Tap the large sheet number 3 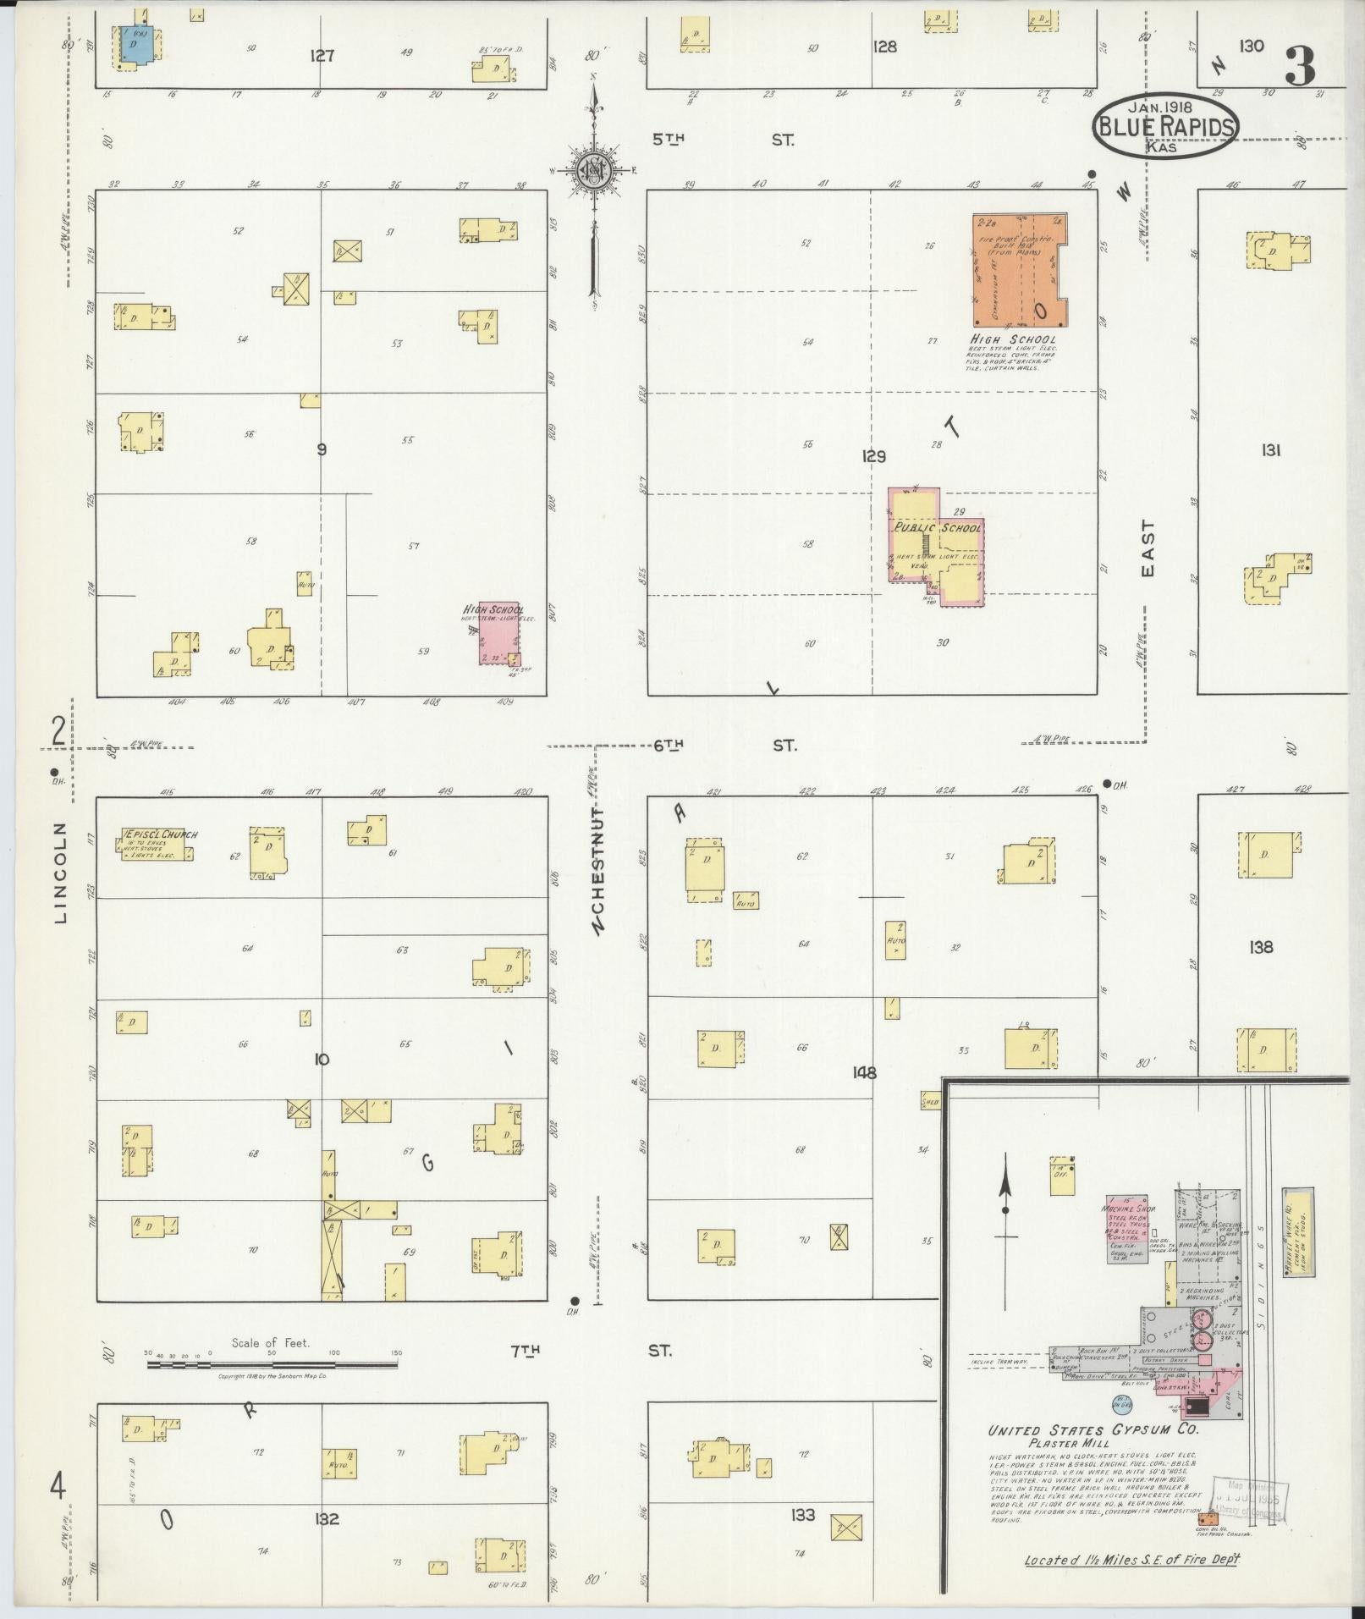pyautogui.click(x=1300, y=66)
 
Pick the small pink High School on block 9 pyautogui.click(x=498, y=634)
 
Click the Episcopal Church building pyautogui.click(x=157, y=844)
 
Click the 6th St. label pyautogui.click(x=724, y=745)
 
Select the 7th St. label pyautogui.click(x=592, y=1351)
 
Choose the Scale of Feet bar pyautogui.click(x=271, y=1364)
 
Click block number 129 pyautogui.click(x=873, y=457)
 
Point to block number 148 pyautogui.click(x=864, y=1073)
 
